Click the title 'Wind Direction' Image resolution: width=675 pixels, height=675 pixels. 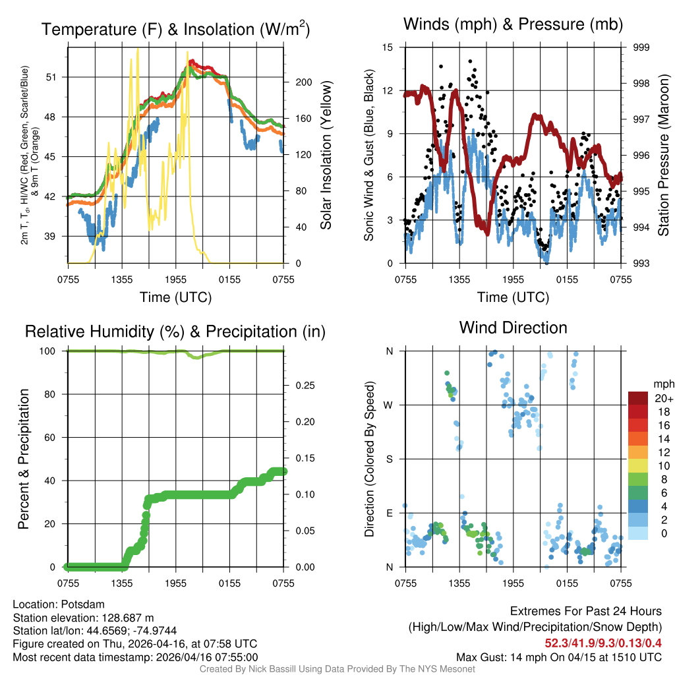513,328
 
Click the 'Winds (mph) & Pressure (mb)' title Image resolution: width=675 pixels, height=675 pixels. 513,25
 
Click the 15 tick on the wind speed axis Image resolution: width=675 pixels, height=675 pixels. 388,47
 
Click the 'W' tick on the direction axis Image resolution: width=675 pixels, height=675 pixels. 390,405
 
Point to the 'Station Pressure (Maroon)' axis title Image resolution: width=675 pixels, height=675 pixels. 664,156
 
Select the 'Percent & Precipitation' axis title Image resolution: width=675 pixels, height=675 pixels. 23,459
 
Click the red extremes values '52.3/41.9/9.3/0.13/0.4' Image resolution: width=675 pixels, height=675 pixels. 602,643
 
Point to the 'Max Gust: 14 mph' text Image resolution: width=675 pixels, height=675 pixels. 502,657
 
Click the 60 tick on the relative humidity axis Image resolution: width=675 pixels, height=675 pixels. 55,438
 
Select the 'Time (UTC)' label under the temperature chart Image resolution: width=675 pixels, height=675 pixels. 175,297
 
